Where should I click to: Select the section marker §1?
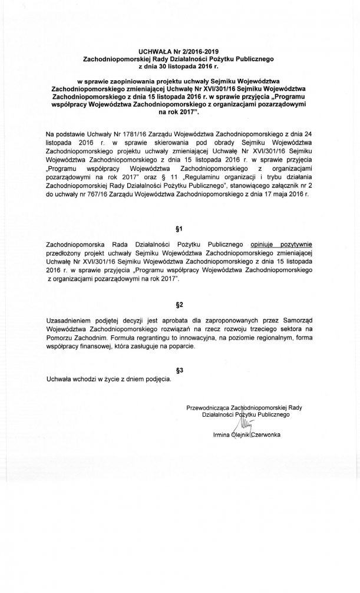coord(180,229)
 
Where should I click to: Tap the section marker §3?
coord(180,371)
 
